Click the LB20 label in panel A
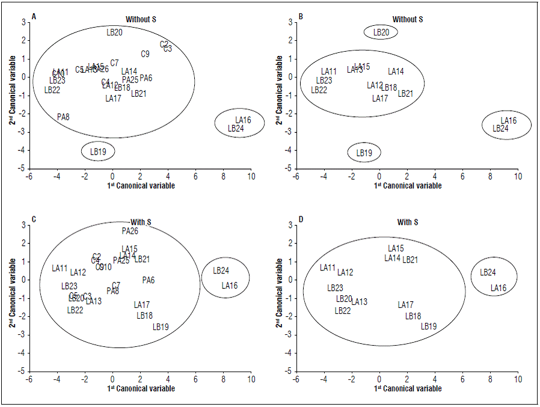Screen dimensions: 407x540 pyautogui.click(x=114, y=32)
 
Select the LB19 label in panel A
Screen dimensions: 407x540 pyautogui.click(x=98, y=152)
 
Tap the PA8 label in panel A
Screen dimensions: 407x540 pyautogui.click(x=63, y=117)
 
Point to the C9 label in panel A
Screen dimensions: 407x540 pyautogui.click(x=145, y=54)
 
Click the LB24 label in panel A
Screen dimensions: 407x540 pyautogui.click(x=236, y=129)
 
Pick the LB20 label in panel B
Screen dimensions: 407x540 pyautogui.click(x=381, y=32)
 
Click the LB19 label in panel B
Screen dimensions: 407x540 pyautogui.click(x=364, y=153)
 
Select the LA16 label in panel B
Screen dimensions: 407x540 pyautogui.click(x=508, y=121)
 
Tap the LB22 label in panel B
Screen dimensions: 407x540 pyautogui.click(x=319, y=90)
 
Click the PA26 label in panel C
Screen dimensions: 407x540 pyautogui.click(x=130, y=231)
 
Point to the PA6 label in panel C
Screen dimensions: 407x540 pyautogui.click(x=149, y=280)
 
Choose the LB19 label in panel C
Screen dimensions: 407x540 pyautogui.click(x=161, y=327)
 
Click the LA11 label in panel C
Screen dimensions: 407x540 pyautogui.click(x=60, y=268)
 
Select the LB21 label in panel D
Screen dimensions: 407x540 pyautogui.click(x=410, y=260)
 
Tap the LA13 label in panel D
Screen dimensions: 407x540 pyautogui.click(x=359, y=302)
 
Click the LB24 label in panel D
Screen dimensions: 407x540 pyautogui.click(x=488, y=272)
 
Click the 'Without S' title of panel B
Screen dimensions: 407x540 pyautogui.click(x=408, y=19)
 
